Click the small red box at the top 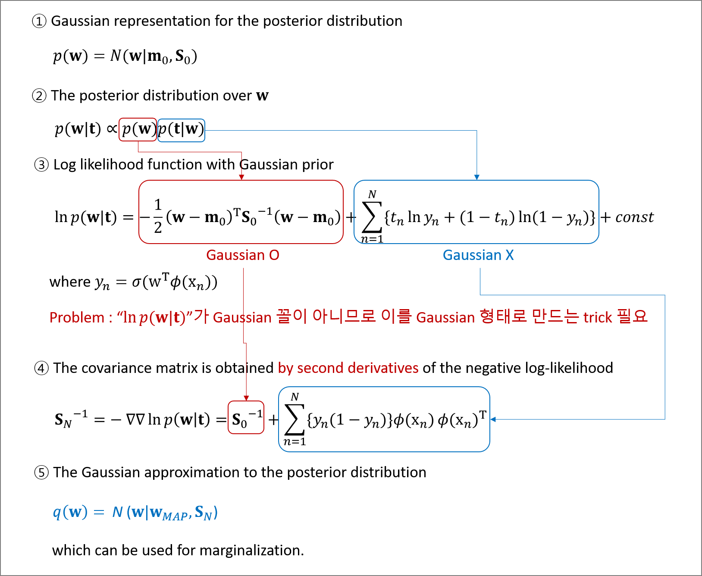click(x=138, y=129)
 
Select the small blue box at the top click(x=181, y=130)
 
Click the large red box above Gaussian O click(x=241, y=212)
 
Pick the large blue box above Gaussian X click(x=476, y=212)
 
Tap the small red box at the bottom click(x=246, y=417)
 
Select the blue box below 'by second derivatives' click(x=384, y=419)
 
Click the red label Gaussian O click(x=243, y=255)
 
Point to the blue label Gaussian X click(x=478, y=255)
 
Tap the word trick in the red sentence click(x=598, y=318)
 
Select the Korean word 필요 click(x=632, y=317)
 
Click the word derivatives click(x=383, y=368)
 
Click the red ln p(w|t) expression click(x=154, y=318)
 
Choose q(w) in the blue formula click(x=70, y=512)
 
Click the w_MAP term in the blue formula click(x=169, y=513)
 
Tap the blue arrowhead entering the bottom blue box click(x=493, y=419)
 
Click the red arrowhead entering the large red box click(x=241, y=177)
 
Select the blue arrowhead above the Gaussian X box click(x=476, y=177)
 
